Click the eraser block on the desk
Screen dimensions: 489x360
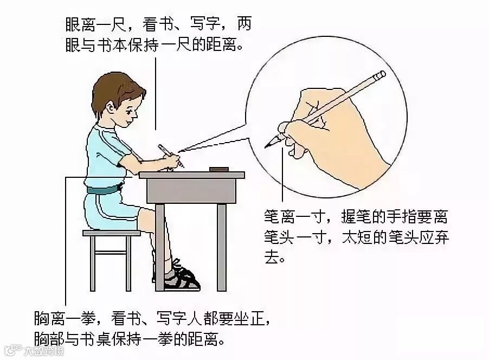point(219,169)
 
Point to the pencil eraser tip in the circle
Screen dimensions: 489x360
point(381,75)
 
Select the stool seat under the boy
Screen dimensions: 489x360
point(112,233)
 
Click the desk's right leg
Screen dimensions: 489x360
point(222,247)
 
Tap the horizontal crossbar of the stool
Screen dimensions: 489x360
point(111,252)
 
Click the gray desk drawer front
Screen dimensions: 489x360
point(191,191)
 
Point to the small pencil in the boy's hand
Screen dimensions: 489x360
point(171,156)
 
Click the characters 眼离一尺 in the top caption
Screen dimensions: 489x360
point(95,24)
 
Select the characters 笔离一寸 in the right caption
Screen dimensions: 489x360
point(294,216)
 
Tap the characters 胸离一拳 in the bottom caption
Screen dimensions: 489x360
point(65,318)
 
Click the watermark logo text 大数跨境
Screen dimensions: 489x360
point(44,351)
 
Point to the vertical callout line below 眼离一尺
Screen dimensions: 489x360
point(156,94)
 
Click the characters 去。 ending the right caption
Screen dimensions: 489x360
point(275,257)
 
